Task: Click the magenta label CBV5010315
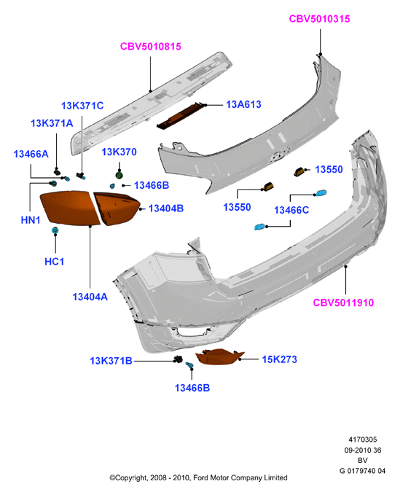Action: tap(319, 19)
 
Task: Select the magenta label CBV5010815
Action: tap(151, 47)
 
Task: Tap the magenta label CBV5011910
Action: tap(343, 302)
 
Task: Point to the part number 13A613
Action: tap(244, 104)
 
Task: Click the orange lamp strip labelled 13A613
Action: tap(181, 116)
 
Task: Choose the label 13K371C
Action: tap(82, 106)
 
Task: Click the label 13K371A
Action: tap(52, 123)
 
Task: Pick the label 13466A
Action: tap(31, 154)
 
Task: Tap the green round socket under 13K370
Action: tap(119, 175)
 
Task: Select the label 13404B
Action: tap(166, 208)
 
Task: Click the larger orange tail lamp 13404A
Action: tap(70, 208)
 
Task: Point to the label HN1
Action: tap(31, 220)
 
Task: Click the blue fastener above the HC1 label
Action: tap(55, 230)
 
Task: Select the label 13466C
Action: tap(291, 210)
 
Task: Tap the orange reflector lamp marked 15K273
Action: tap(219, 356)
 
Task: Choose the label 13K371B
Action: tap(111, 361)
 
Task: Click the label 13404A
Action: tap(90, 297)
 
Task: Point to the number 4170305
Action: tap(363, 440)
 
